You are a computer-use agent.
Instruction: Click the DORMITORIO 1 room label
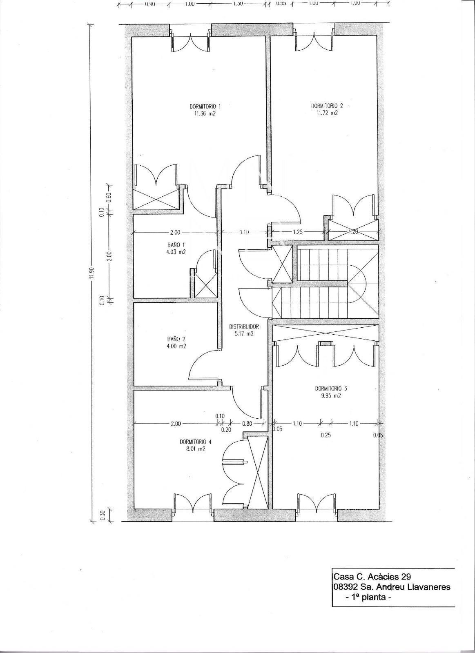[x=202, y=106]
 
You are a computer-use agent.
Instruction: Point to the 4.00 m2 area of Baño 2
[x=176, y=346]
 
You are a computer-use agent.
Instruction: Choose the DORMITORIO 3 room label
[x=331, y=389]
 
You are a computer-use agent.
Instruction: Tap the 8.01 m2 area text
[x=196, y=449]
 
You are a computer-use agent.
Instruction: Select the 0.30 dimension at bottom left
[x=102, y=515]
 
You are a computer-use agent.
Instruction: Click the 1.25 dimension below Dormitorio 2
[x=298, y=232]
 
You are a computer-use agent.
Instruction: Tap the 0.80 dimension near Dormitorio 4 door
[x=247, y=424]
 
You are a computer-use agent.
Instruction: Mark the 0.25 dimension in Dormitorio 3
[x=326, y=435]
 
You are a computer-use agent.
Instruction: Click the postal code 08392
[x=345, y=587]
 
